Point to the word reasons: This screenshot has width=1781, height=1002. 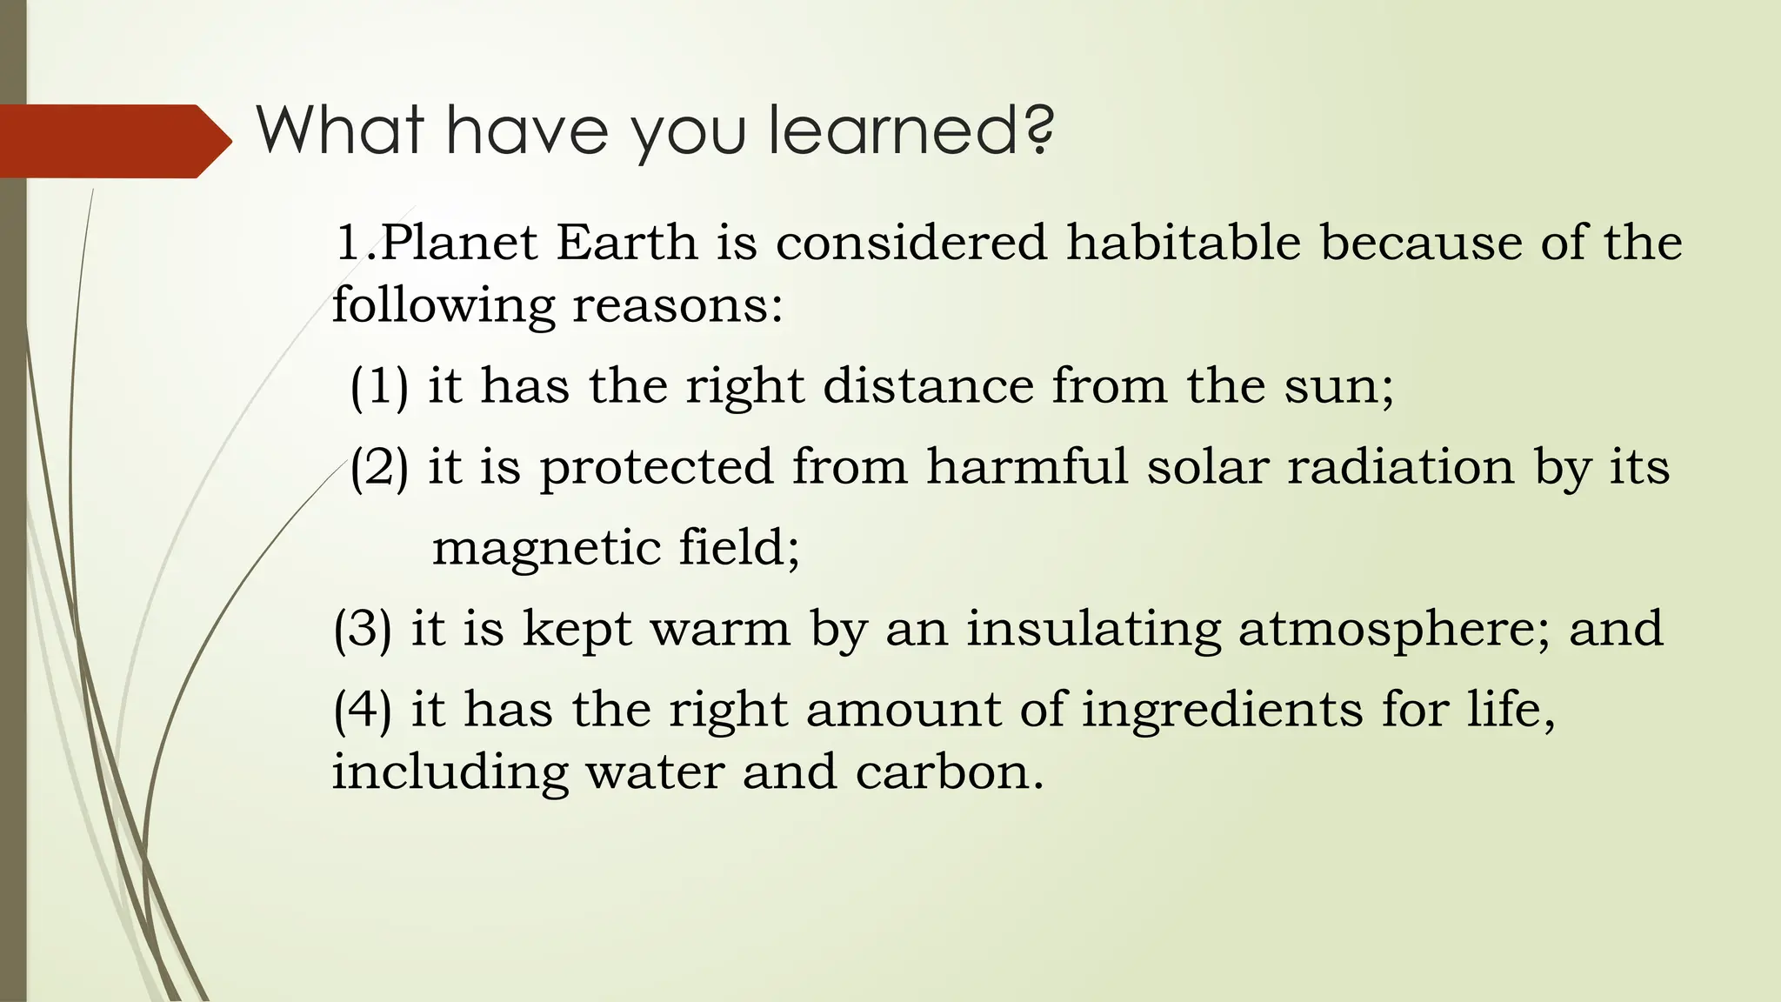pos(677,305)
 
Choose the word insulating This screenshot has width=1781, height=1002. pos(1093,628)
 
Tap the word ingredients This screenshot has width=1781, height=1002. pos(1222,709)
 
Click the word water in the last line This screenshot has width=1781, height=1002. pos(655,772)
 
